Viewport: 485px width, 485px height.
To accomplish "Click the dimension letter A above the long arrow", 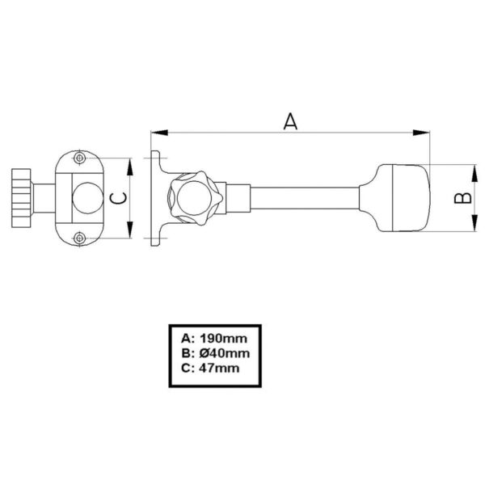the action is click(290, 121).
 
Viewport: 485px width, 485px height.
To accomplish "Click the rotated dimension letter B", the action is click(462, 198).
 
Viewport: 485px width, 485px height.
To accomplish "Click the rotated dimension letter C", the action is click(119, 198).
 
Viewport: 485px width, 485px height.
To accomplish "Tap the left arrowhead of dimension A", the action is click(159, 133).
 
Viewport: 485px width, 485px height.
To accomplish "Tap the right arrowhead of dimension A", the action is click(421, 133).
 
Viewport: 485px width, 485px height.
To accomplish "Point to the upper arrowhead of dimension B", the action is click(474, 173).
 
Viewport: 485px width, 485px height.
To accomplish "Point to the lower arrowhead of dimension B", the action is click(474, 223).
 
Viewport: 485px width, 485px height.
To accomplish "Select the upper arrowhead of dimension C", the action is click(130, 167).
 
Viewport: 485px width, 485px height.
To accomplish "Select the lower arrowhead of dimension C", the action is click(130, 230).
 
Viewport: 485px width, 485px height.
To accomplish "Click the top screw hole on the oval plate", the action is click(80, 158).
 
